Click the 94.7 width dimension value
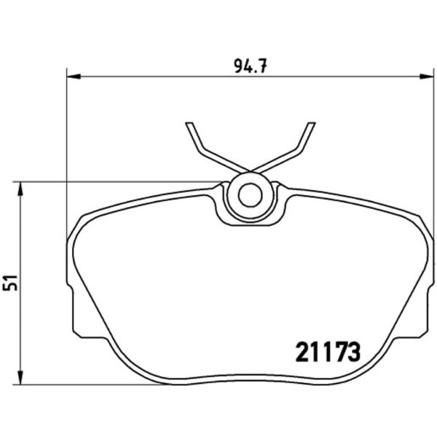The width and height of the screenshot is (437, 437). point(251,66)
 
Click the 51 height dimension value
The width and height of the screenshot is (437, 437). point(11,283)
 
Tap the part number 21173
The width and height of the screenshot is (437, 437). point(328,352)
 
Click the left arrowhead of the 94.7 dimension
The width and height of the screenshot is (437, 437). point(74,76)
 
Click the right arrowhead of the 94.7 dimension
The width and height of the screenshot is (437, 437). point(427,76)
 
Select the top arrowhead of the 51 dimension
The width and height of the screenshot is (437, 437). point(20,189)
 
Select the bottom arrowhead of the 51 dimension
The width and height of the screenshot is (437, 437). point(20,377)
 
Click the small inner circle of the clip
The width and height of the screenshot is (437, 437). point(251,195)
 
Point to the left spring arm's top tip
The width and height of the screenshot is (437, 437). point(189,123)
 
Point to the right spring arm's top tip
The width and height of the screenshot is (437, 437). point(312,123)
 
